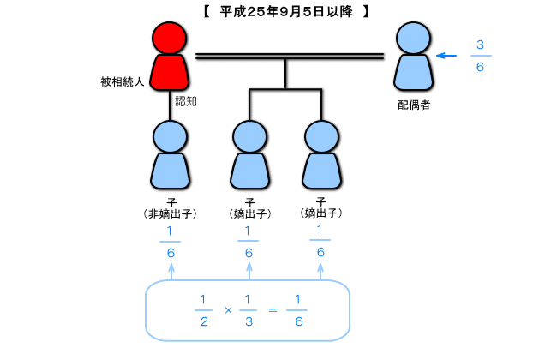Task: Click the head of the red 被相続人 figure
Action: (x=169, y=38)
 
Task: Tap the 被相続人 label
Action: (x=122, y=82)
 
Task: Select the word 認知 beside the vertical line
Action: (x=186, y=102)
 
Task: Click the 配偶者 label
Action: (x=414, y=105)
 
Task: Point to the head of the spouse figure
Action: (x=414, y=38)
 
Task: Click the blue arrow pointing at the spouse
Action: (x=446, y=56)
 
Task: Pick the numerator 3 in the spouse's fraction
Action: (x=480, y=45)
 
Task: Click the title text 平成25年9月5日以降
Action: (x=286, y=12)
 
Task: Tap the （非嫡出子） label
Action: (x=171, y=214)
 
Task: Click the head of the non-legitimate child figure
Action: (x=170, y=137)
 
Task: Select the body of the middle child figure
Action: (x=249, y=171)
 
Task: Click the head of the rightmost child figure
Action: (x=322, y=137)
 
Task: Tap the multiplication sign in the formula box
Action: (x=228, y=310)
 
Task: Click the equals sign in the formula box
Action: (x=273, y=310)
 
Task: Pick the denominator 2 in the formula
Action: (x=204, y=321)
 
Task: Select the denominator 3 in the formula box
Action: (x=249, y=321)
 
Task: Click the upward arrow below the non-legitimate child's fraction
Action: (x=171, y=272)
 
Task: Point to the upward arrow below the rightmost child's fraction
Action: (x=320, y=272)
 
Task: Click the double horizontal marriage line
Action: (x=290, y=57)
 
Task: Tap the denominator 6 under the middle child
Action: (x=249, y=253)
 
